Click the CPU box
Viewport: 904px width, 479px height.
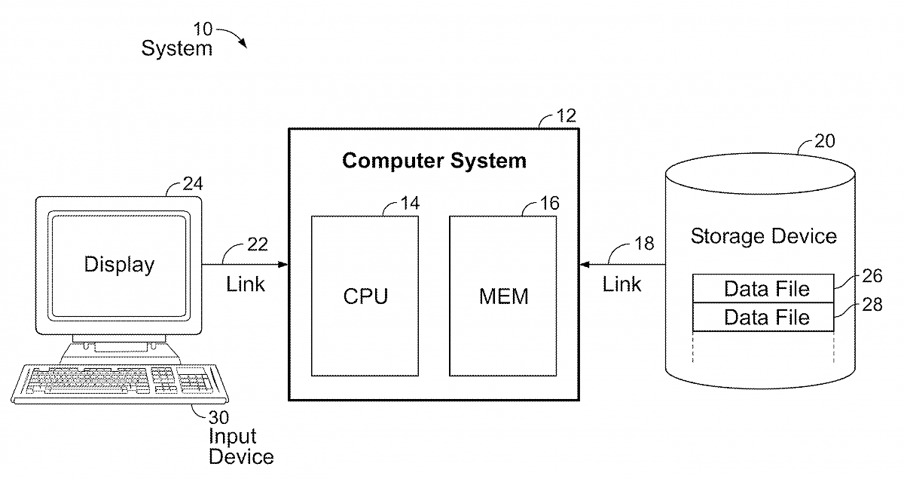tap(365, 296)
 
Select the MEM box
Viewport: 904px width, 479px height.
tap(503, 296)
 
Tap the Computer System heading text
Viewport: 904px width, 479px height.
tap(434, 161)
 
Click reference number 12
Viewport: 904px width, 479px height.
tap(566, 115)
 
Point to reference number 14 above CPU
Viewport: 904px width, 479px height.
tap(411, 204)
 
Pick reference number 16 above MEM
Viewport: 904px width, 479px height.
tap(549, 204)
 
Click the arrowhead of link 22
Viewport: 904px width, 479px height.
tap(283, 264)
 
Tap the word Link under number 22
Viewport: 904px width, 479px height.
tap(246, 285)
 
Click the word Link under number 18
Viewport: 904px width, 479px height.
tap(622, 284)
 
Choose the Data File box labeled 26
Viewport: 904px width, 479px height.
tap(763, 289)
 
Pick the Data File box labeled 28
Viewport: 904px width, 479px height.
tap(763, 318)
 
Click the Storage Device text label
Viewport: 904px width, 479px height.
tap(763, 236)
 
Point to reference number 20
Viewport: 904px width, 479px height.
tap(824, 141)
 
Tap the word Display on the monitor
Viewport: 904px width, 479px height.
tap(119, 265)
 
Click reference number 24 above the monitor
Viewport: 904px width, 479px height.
tap(194, 183)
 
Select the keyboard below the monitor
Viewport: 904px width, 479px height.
tap(121, 383)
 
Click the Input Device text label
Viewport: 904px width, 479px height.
tap(240, 447)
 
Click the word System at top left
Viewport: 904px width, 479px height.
tap(177, 49)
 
